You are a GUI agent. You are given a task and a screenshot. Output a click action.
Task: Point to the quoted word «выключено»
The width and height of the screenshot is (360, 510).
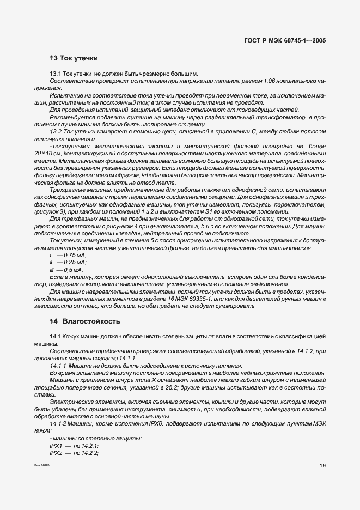270,284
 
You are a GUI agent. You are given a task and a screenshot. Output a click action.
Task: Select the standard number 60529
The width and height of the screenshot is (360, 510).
41,430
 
